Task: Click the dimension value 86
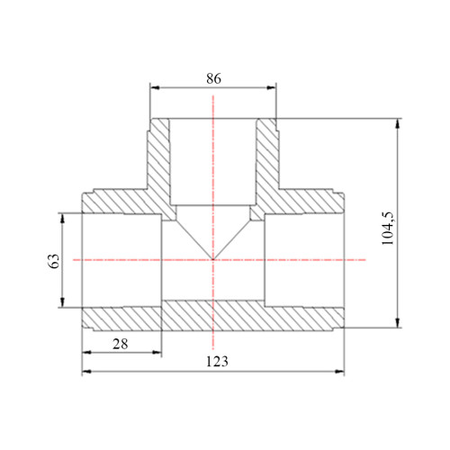coord(213,78)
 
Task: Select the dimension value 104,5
coord(388,229)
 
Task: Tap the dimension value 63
coord(54,261)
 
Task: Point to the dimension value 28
coord(121,344)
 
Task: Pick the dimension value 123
coord(217,361)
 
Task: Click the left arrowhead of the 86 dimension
coord(154,87)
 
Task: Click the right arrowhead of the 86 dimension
coord(272,87)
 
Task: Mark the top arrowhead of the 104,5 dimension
coord(398,123)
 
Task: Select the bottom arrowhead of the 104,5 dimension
coord(398,323)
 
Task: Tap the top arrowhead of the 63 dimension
coord(62,218)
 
